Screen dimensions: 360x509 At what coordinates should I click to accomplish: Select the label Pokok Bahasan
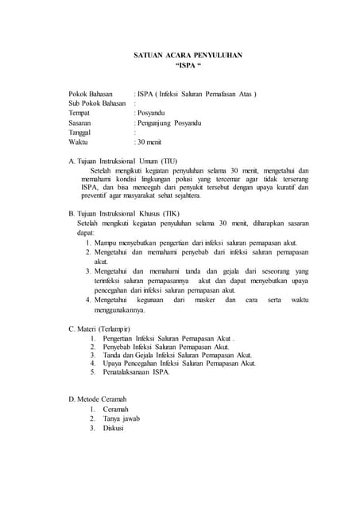tap(91, 94)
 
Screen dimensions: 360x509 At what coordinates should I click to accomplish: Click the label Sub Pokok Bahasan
tap(97, 103)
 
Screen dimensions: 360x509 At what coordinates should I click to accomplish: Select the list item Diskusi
tap(114, 428)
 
